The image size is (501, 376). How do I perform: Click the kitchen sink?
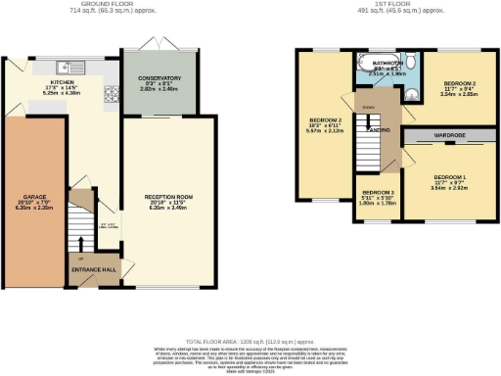76,66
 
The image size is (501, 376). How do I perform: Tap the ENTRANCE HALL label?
90,268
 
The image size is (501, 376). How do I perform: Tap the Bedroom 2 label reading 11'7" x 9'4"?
458,85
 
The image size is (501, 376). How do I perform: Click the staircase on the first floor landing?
368,147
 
